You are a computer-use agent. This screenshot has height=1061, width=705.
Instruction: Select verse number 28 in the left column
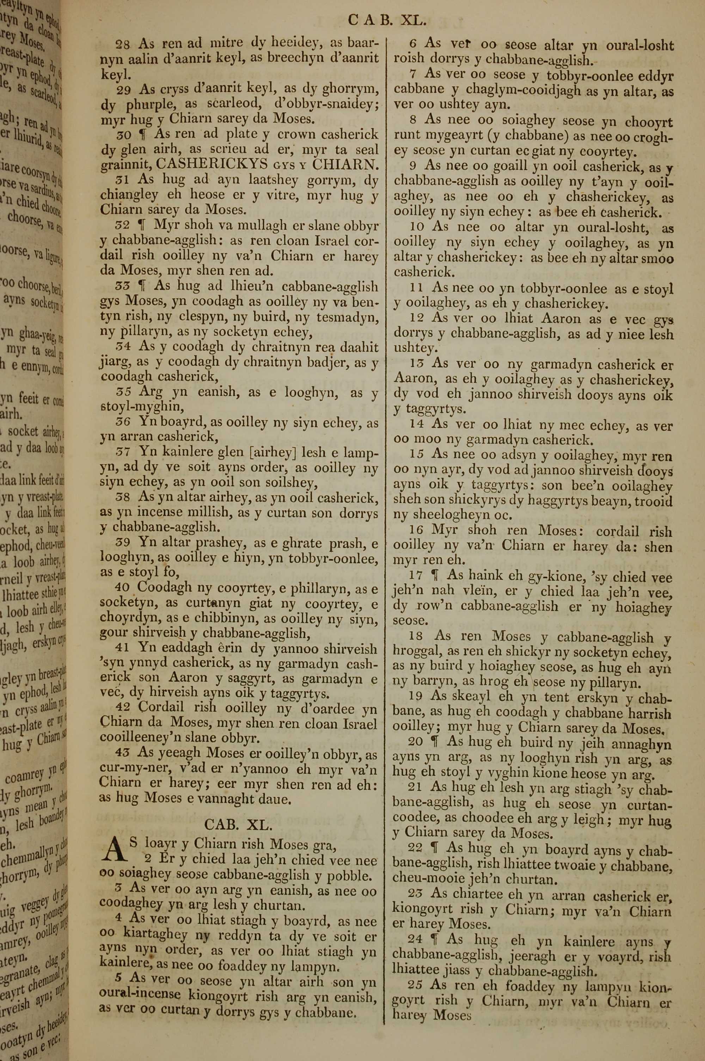[123, 44]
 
